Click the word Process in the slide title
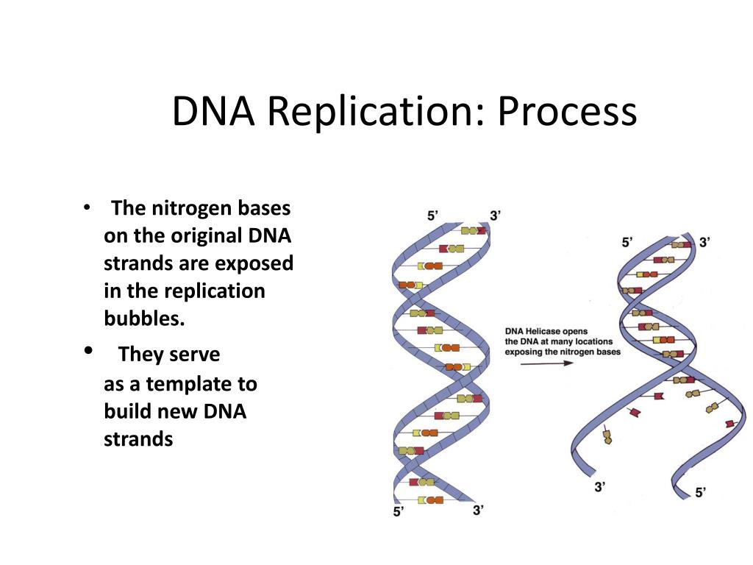(x=567, y=111)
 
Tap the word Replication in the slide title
(x=374, y=111)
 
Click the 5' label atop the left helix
(x=433, y=216)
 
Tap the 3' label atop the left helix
(x=496, y=216)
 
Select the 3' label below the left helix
(x=478, y=509)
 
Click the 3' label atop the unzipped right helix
(x=704, y=242)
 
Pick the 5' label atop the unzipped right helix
(x=627, y=242)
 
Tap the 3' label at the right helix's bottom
(x=600, y=486)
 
